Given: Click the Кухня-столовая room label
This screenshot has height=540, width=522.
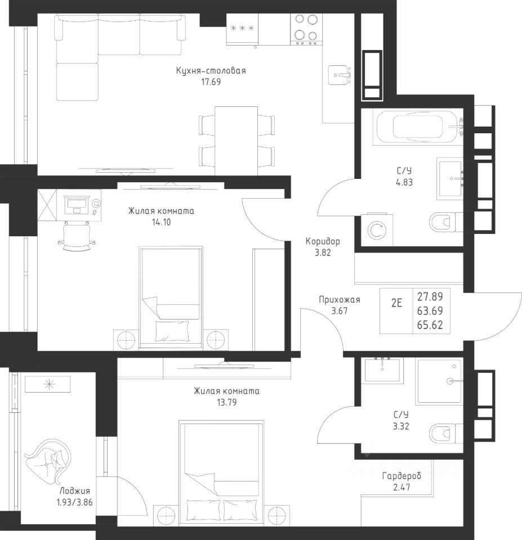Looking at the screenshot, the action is [x=211, y=71].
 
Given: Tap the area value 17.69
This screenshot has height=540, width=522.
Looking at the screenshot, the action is [x=211, y=82].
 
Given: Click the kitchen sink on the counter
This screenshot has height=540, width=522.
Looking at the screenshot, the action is [x=340, y=75].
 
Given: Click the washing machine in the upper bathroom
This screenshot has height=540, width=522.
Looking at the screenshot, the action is [x=377, y=229].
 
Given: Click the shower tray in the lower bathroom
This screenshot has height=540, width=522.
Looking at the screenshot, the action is [x=439, y=381].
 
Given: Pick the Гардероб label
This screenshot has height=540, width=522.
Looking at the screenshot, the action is [x=401, y=476].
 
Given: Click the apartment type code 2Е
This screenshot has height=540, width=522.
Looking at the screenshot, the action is [x=396, y=303].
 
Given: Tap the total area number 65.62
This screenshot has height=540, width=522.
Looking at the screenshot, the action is [x=430, y=325].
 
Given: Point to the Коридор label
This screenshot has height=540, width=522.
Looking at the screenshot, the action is [x=323, y=241].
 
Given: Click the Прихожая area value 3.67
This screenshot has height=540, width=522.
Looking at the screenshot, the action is [x=339, y=311].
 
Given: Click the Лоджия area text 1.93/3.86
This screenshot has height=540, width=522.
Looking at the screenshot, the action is [x=75, y=502].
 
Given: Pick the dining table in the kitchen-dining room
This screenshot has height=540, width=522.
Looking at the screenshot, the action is [x=237, y=141].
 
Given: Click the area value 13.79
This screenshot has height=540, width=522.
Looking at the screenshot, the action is [x=226, y=402].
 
